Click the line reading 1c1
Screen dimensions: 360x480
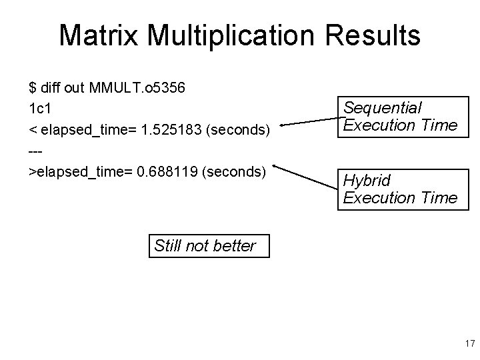point(40,109)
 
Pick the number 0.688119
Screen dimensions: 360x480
point(167,173)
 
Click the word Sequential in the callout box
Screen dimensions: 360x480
point(382,107)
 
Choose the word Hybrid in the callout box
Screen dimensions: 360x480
point(367,181)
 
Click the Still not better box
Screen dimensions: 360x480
point(204,245)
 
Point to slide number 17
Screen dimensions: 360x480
point(469,344)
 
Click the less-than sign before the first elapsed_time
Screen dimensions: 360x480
point(33,130)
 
